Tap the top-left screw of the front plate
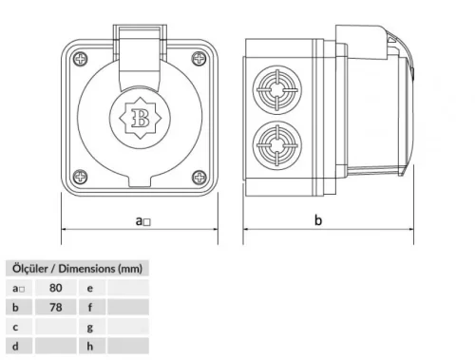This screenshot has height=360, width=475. [75, 58]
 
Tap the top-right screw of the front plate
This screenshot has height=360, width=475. [197, 58]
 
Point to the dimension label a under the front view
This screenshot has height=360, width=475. [142, 220]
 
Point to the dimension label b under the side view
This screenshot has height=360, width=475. [318, 220]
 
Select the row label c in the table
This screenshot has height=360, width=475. [16, 327]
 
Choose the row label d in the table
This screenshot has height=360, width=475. [16, 347]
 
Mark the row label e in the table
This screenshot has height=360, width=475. [89, 287]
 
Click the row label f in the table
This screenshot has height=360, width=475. [89, 307]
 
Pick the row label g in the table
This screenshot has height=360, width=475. [89, 327]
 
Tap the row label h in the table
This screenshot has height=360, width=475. [89, 347]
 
